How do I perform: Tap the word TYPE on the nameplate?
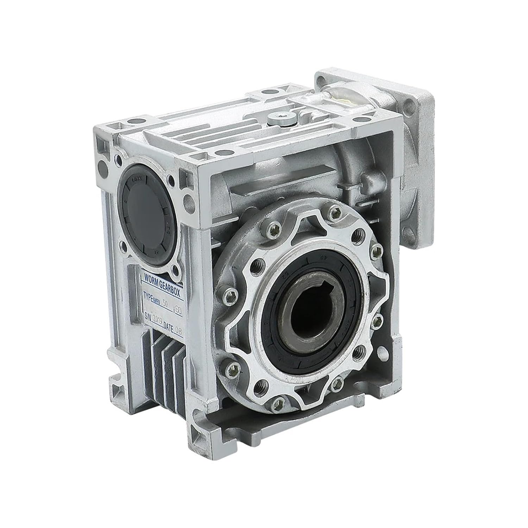[150, 296]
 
